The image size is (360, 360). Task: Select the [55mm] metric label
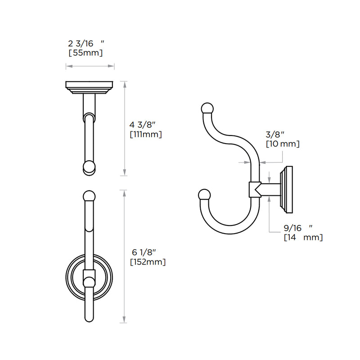tap(85, 53)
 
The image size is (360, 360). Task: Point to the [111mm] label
tap(145, 134)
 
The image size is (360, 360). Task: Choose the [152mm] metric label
tap(147, 261)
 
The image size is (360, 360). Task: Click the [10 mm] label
tap(282, 144)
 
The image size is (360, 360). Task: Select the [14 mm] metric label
tap(303, 238)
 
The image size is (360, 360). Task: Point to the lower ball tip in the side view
tap(204, 194)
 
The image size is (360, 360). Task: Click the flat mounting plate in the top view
tap(90, 85)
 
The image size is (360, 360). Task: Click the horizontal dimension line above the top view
tap(90, 67)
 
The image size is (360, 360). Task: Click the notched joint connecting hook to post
tap(254, 189)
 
